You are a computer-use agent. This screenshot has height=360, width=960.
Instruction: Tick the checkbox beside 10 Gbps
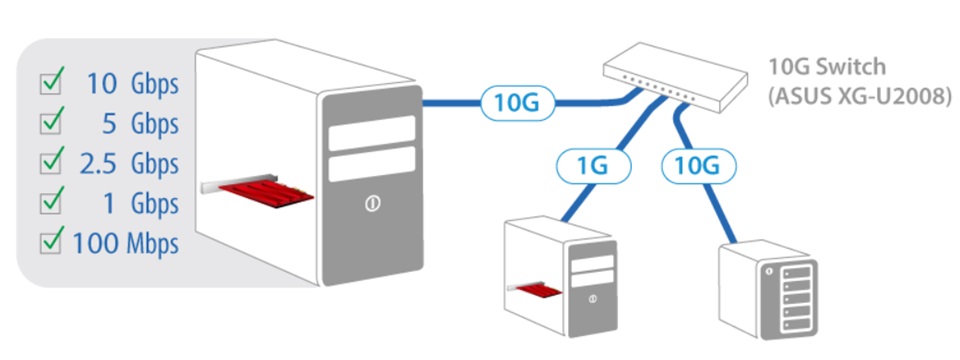coord(50,84)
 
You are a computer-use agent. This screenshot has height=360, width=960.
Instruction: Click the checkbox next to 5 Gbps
coord(50,124)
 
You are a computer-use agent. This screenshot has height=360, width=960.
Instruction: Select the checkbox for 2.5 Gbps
coord(50,163)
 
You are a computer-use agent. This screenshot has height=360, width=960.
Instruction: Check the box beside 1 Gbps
coord(50,204)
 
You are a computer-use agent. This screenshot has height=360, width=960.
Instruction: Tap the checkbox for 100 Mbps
coord(50,244)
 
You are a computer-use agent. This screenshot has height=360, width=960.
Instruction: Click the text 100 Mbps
coord(126,244)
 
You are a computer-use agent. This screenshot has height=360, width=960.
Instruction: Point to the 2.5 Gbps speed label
coord(129,164)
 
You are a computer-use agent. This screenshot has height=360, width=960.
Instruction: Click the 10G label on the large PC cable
coord(517,103)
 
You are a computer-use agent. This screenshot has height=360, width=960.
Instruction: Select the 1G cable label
coord(593,166)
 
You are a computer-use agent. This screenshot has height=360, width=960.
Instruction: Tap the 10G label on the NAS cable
coord(698,166)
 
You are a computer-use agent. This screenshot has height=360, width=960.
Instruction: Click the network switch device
coord(675,77)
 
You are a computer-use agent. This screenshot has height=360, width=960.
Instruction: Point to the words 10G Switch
coord(827,66)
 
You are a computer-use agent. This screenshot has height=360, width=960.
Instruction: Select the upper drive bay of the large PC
coord(372,133)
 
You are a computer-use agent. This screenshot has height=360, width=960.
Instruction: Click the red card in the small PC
coord(539,290)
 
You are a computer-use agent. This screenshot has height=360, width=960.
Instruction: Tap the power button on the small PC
coord(592,298)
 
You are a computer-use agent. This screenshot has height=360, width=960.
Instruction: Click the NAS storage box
coord(769,289)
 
